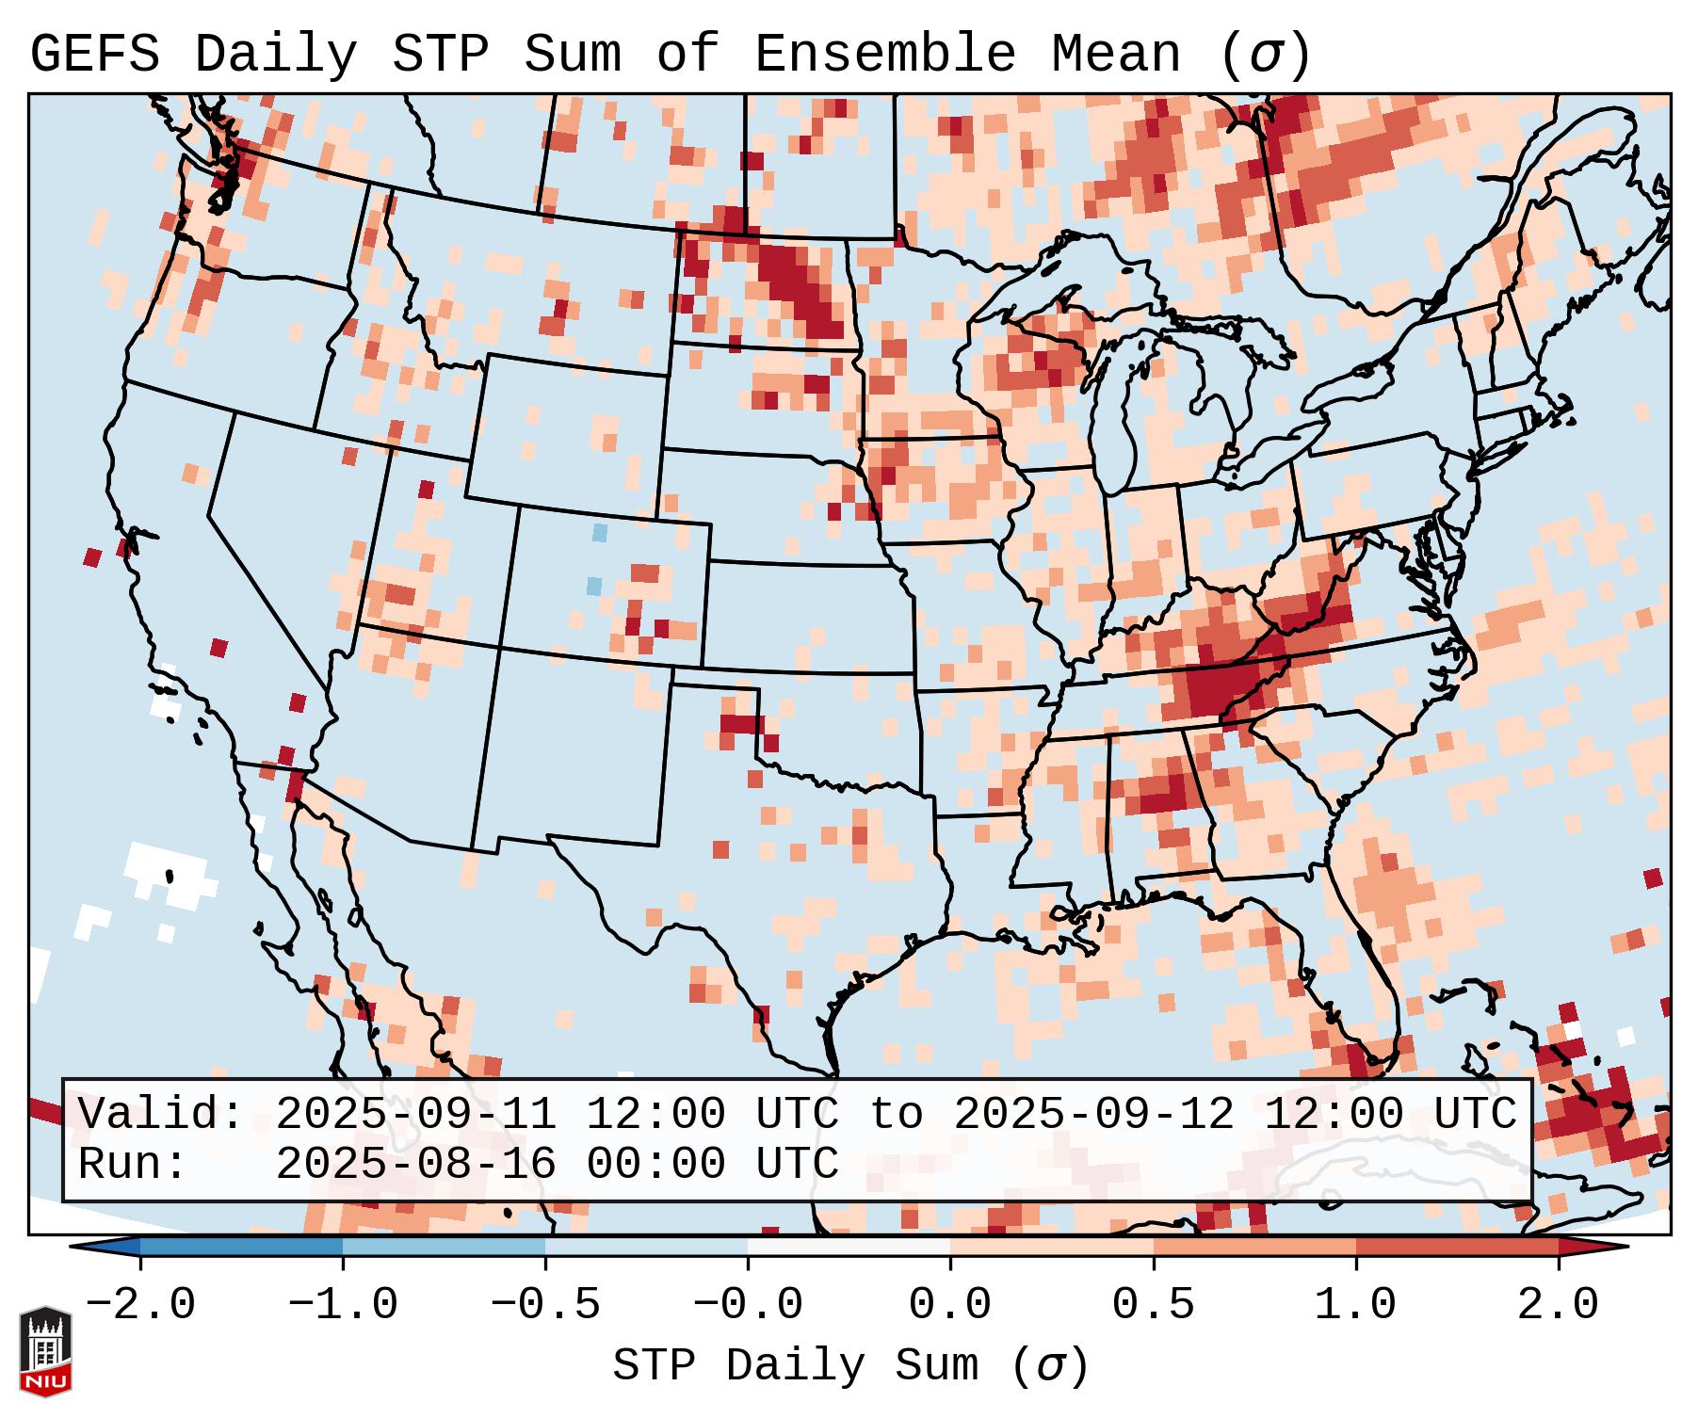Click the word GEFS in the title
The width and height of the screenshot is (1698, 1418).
[x=94, y=55]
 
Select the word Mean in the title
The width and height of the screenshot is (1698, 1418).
[x=1115, y=55]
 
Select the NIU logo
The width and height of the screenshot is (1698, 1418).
[x=45, y=1350]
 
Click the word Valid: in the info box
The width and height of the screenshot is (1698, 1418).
[x=161, y=1115]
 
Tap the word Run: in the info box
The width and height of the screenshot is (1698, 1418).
[x=133, y=1165]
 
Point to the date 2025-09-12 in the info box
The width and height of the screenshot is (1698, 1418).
[x=1093, y=1115]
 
